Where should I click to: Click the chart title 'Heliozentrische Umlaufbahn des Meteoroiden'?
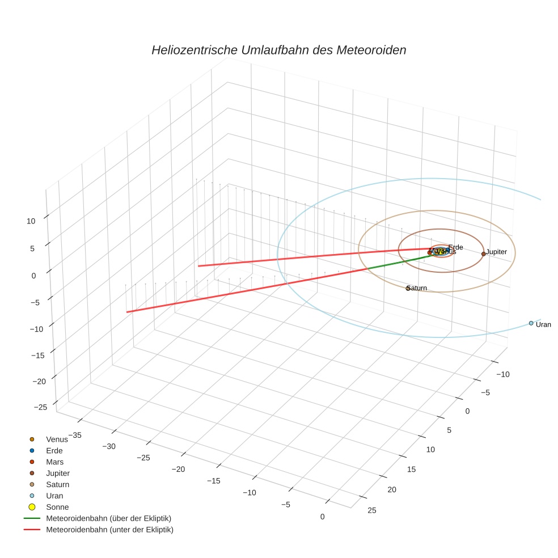pos(278,50)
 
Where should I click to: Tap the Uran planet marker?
pos(531,323)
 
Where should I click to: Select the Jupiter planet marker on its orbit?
pos(483,253)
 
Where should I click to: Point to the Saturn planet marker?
pos(408,288)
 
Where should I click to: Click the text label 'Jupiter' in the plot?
pos(496,251)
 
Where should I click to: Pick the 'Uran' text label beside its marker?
pos(543,324)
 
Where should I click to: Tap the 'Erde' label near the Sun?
pos(455,247)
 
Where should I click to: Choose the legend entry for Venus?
pos(57,439)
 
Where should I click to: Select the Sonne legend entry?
pos(57,507)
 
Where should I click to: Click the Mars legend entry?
pos(54,462)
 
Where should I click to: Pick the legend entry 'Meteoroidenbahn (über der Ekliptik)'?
pos(108,518)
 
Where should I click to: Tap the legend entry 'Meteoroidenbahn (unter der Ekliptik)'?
pos(109,530)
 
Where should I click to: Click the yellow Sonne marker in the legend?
pos(32,507)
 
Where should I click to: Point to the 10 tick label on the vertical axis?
pos(31,221)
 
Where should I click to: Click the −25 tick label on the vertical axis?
pos(40,407)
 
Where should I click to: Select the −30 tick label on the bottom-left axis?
pos(108,446)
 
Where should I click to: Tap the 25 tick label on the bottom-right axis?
pos(371,510)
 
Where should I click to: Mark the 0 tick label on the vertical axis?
pos(33,276)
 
